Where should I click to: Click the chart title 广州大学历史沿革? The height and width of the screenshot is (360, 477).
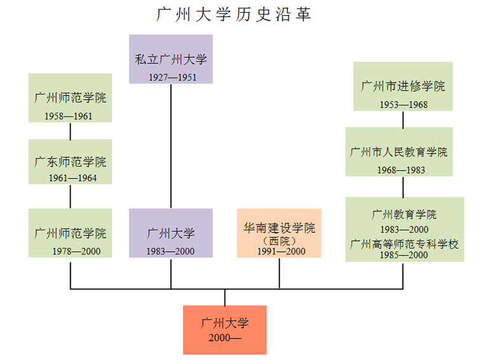point(234,15)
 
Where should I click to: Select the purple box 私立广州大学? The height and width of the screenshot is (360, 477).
point(170,59)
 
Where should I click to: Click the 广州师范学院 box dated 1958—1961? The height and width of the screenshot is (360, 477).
point(70,97)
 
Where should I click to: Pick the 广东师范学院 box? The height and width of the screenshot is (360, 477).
point(70,162)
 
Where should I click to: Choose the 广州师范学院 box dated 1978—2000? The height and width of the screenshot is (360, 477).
point(70,233)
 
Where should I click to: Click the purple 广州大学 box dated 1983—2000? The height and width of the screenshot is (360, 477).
point(170,233)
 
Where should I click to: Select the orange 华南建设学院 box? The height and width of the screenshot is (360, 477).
point(279,233)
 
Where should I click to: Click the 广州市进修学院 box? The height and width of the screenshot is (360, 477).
point(403,86)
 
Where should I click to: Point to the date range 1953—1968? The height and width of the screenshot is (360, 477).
point(403,104)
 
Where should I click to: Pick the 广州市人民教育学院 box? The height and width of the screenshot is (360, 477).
point(399,151)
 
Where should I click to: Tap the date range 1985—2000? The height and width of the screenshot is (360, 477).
point(404,255)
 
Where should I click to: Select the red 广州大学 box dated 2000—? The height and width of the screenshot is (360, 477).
point(225,329)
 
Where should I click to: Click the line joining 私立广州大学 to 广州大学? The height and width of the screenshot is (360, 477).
point(170,146)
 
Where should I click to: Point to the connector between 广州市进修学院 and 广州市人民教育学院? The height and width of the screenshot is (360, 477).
point(403,119)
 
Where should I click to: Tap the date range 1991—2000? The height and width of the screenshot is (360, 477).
point(281,251)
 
